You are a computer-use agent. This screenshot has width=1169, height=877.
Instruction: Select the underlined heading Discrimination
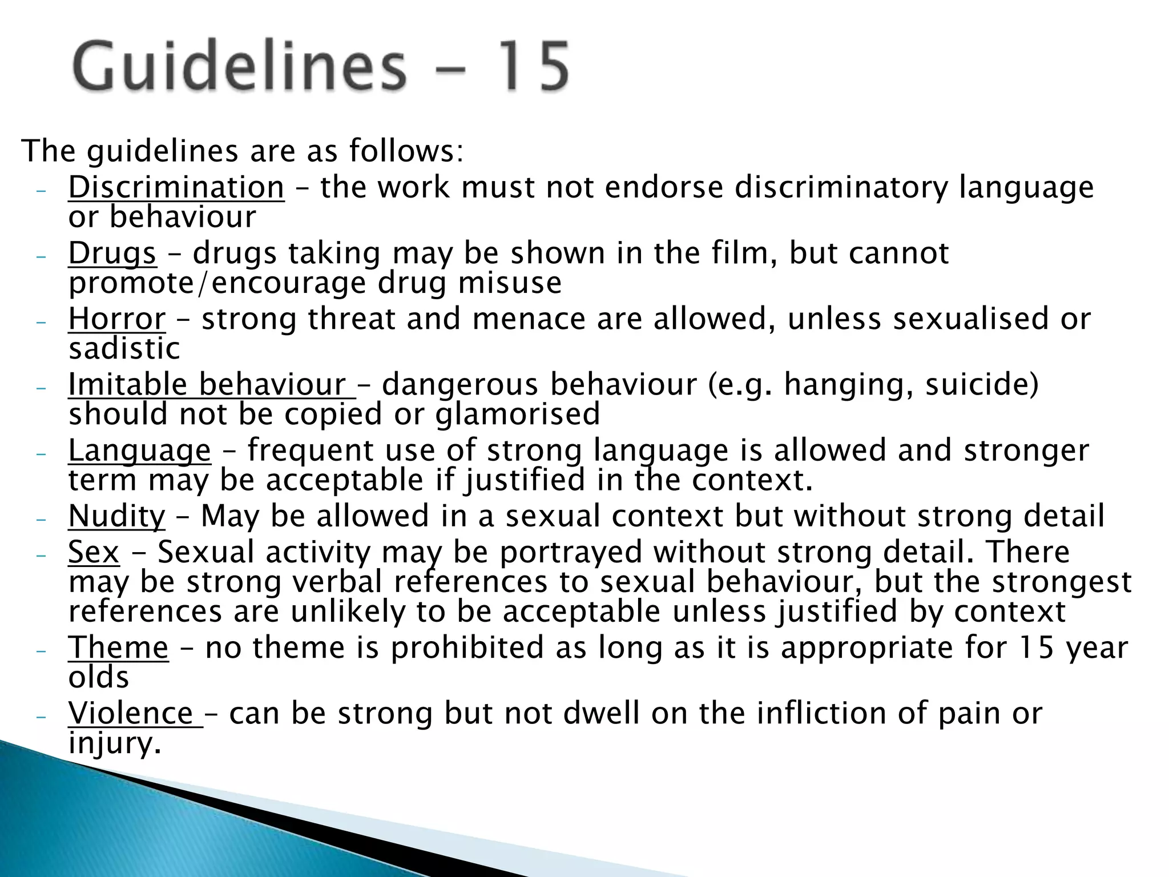176,187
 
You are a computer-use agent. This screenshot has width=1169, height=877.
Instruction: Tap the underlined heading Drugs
112,253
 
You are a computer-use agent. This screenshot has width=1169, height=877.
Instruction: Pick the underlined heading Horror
117,319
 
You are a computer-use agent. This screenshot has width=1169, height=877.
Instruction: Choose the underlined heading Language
139,450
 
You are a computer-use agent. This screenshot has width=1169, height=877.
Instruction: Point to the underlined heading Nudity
116,516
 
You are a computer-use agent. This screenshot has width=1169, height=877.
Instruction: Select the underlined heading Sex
94,552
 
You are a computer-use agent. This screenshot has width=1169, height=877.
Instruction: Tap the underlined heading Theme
118,648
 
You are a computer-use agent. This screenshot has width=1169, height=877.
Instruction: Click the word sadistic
124,348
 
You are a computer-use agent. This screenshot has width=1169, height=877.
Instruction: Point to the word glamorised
517,414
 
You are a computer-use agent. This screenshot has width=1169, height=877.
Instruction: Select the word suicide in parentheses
977,384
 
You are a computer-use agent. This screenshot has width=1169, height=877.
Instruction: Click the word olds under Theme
98,678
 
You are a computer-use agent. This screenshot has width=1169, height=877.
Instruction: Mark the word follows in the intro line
406,151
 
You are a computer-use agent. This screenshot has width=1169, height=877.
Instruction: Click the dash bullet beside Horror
40,321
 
